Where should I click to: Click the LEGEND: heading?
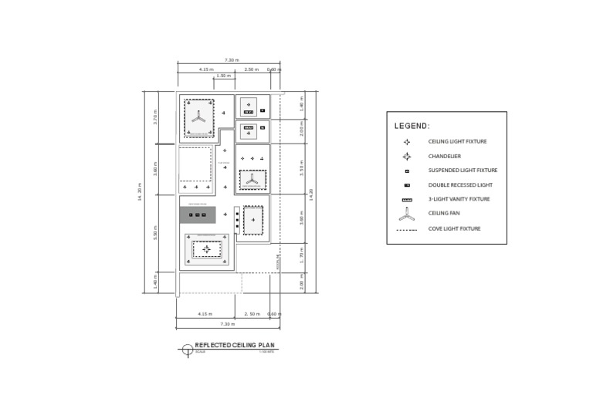[412, 126]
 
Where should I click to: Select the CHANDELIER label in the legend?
[444, 156]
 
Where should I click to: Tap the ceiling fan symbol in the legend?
[407, 215]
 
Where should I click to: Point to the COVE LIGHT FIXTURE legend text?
[454, 229]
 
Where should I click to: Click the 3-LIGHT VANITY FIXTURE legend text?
[459, 199]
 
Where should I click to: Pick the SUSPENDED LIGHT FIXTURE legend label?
[463, 171]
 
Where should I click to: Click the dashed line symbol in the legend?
[407, 230]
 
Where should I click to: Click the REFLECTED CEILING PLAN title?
[234, 346]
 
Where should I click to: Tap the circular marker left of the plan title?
[187, 350]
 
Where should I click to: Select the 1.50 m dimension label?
[223, 76]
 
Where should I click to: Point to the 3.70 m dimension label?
[155, 119]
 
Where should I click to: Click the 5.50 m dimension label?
[155, 233]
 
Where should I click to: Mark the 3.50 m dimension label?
[302, 167]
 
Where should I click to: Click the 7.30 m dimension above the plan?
[232, 60]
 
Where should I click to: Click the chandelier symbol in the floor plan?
[205, 249]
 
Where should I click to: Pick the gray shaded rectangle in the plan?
[198, 215]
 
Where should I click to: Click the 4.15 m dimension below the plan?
[205, 314]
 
